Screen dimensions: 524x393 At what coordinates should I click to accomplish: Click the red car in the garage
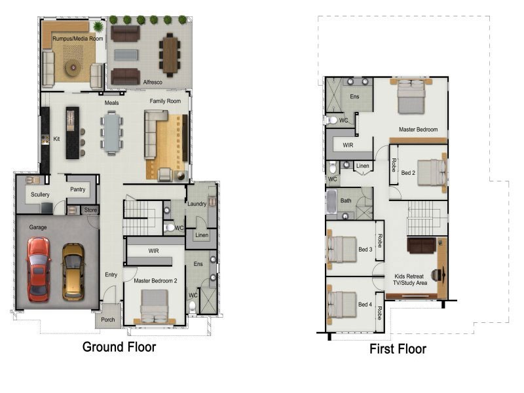(x=39, y=269)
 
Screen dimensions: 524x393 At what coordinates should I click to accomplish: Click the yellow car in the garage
(x=73, y=272)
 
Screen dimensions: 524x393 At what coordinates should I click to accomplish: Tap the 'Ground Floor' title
(x=119, y=347)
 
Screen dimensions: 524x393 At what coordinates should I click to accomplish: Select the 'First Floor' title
(x=398, y=349)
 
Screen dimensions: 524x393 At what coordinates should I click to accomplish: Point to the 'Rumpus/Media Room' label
(x=78, y=39)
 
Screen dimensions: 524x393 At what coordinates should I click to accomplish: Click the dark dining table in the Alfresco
(x=170, y=55)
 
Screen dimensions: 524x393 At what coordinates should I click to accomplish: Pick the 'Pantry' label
(x=78, y=189)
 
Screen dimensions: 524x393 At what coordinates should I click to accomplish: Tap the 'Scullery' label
(x=40, y=194)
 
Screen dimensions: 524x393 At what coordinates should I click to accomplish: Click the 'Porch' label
(x=107, y=320)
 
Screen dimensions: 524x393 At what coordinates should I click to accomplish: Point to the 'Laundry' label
(x=197, y=204)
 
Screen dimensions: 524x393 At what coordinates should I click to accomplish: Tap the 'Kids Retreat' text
(x=409, y=276)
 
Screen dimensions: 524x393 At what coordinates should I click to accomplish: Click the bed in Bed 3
(x=341, y=249)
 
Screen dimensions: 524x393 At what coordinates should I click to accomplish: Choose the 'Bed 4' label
(x=365, y=305)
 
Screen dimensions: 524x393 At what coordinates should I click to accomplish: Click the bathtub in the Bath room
(x=331, y=202)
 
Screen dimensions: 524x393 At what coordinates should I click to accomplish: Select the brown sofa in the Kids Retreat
(x=421, y=245)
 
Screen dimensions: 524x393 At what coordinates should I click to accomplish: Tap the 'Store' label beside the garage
(x=90, y=210)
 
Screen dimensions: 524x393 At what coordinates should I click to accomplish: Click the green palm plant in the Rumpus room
(x=98, y=26)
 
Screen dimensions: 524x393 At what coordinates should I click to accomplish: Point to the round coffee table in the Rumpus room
(x=73, y=69)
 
